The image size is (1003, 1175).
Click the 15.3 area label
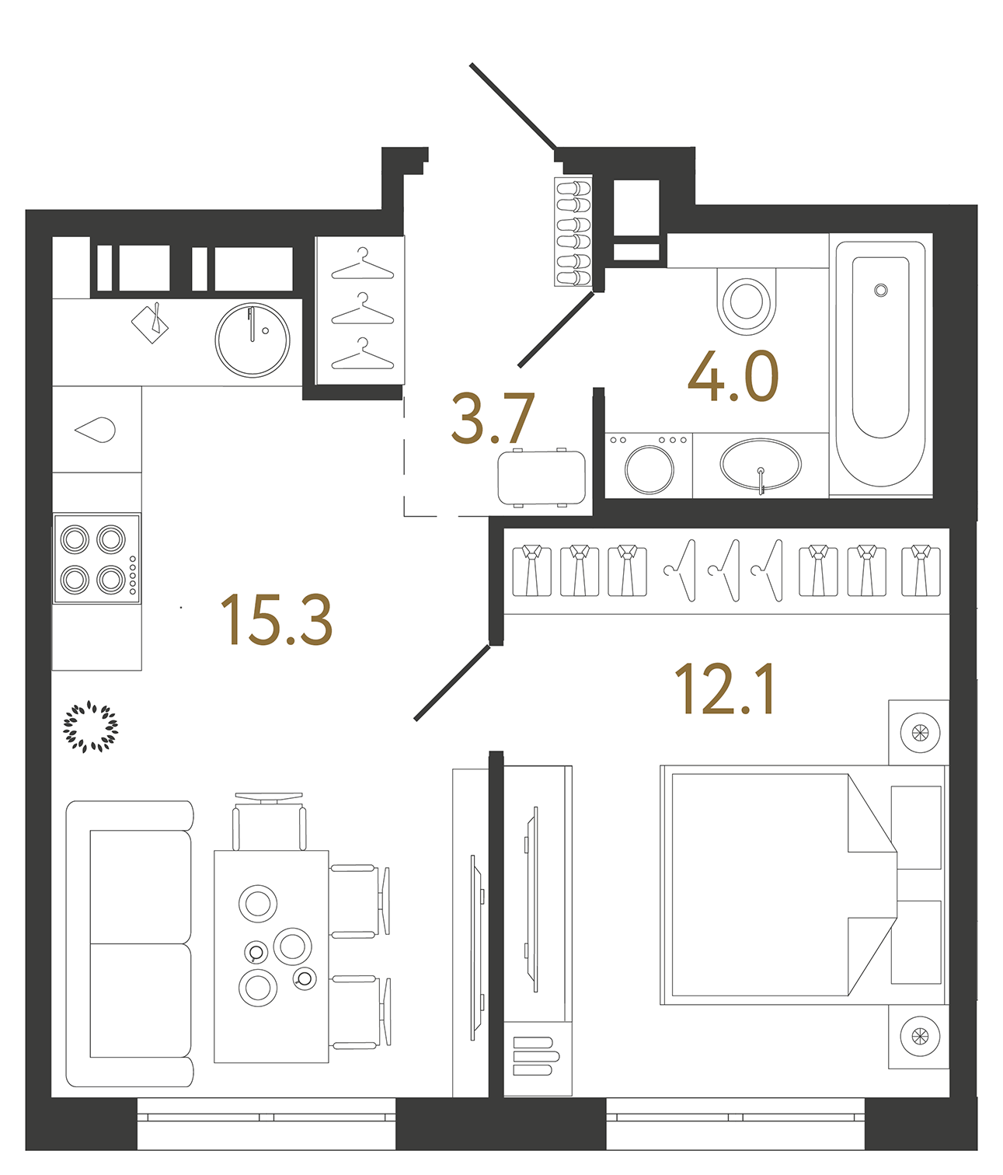[x=277, y=619]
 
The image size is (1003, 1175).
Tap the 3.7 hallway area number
[x=493, y=419]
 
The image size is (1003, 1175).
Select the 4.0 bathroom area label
[x=733, y=378]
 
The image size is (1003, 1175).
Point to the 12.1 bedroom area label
[x=724, y=689]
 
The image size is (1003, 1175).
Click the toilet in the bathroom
[x=746, y=301]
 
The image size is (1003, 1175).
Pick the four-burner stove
[x=96, y=558]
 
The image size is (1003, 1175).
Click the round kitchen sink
[x=252, y=340]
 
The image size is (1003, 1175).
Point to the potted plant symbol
[x=90, y=727]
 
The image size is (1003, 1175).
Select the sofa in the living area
[x=131, y=943]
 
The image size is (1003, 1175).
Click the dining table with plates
[x=271, y=956]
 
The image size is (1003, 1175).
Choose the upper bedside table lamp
[x=919, y=732]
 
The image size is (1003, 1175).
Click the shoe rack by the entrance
[x=573, y=232]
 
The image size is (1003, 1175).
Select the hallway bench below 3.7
[x=542, y=477]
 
